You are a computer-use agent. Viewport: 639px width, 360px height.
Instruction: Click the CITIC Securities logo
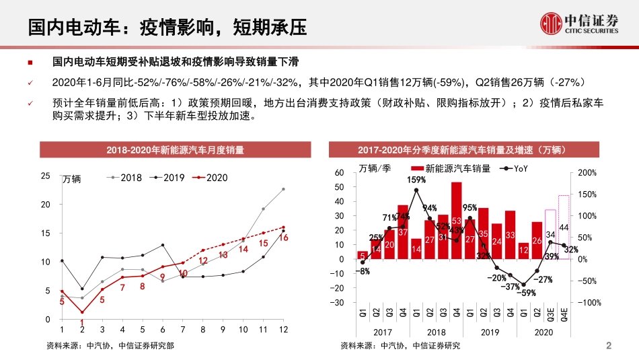click(x=580, y=25)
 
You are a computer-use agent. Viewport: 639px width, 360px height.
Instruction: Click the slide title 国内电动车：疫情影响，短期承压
click(x=167, y=26)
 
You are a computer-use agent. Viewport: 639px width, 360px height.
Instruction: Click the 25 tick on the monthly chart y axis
click(x=46, y=176)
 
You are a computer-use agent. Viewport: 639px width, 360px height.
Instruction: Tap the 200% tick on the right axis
click(x=587, y=173)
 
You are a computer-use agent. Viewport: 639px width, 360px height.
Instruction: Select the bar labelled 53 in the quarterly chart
click(x=456, y=220)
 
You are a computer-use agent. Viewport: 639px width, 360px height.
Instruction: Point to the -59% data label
click(x=527, y=293)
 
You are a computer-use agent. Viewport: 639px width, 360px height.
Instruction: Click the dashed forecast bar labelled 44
click(x=564, y=227)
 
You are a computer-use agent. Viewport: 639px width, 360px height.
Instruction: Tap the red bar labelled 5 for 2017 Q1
click(x=362, y=255)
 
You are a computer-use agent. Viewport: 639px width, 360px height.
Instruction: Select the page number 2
click(x=609, y=347)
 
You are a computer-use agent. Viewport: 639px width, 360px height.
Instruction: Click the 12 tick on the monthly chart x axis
click(x=283, y=330)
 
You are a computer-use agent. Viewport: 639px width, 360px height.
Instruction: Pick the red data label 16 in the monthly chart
click(x=283, y=238)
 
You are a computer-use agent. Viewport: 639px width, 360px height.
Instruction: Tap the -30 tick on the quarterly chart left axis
click(x=338, y=303)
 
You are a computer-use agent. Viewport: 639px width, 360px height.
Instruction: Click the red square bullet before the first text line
click(x=30, y=62)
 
